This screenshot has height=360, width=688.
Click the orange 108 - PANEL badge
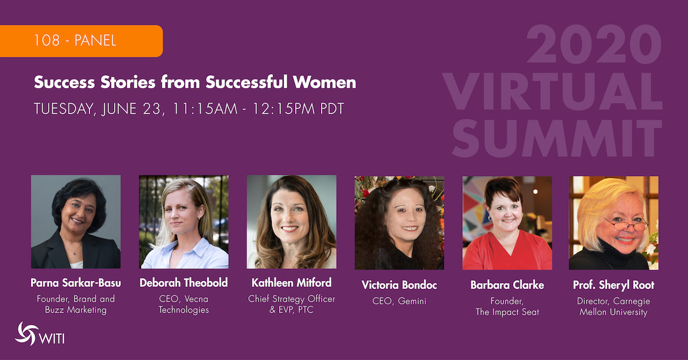coord(81,41)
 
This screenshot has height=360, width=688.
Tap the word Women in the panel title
coord(324,82)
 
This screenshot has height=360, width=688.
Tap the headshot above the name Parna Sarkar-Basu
coord(76,222)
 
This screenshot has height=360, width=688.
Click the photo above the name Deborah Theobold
coord(183,222)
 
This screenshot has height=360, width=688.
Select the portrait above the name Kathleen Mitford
coord(291,222)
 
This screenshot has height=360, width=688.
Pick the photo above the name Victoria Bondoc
coord(399,222)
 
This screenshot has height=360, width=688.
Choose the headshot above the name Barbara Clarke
coord(507,222)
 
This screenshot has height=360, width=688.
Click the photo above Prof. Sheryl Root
coord(613,222)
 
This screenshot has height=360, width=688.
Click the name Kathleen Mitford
coord(291,283)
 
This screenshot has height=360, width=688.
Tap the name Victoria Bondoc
coord(399,285)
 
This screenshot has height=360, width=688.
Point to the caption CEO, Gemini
coord(399,302)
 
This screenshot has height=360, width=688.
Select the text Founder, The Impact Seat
coord(507,307)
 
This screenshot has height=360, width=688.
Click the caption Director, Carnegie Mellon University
coord(613,307)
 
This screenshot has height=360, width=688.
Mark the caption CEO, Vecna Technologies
coord(183,304)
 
